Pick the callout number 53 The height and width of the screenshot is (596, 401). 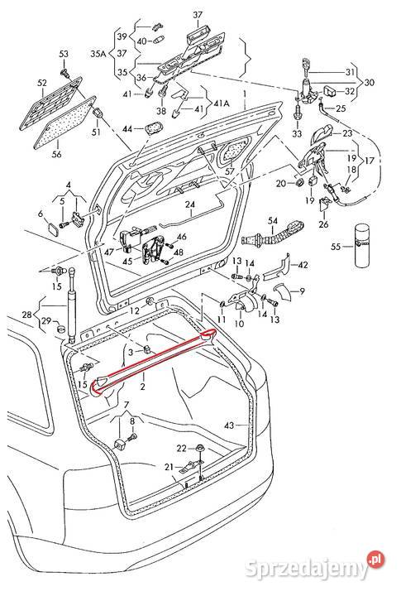click(63, 54)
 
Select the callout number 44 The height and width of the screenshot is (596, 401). click(127, 129)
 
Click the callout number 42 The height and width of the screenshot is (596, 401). click(303, 265)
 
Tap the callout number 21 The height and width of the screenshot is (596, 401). click(168, 468)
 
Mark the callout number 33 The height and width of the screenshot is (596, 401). click(296, 133)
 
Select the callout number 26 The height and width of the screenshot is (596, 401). click(323, 223)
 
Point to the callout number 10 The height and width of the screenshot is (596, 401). click(239, 324)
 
